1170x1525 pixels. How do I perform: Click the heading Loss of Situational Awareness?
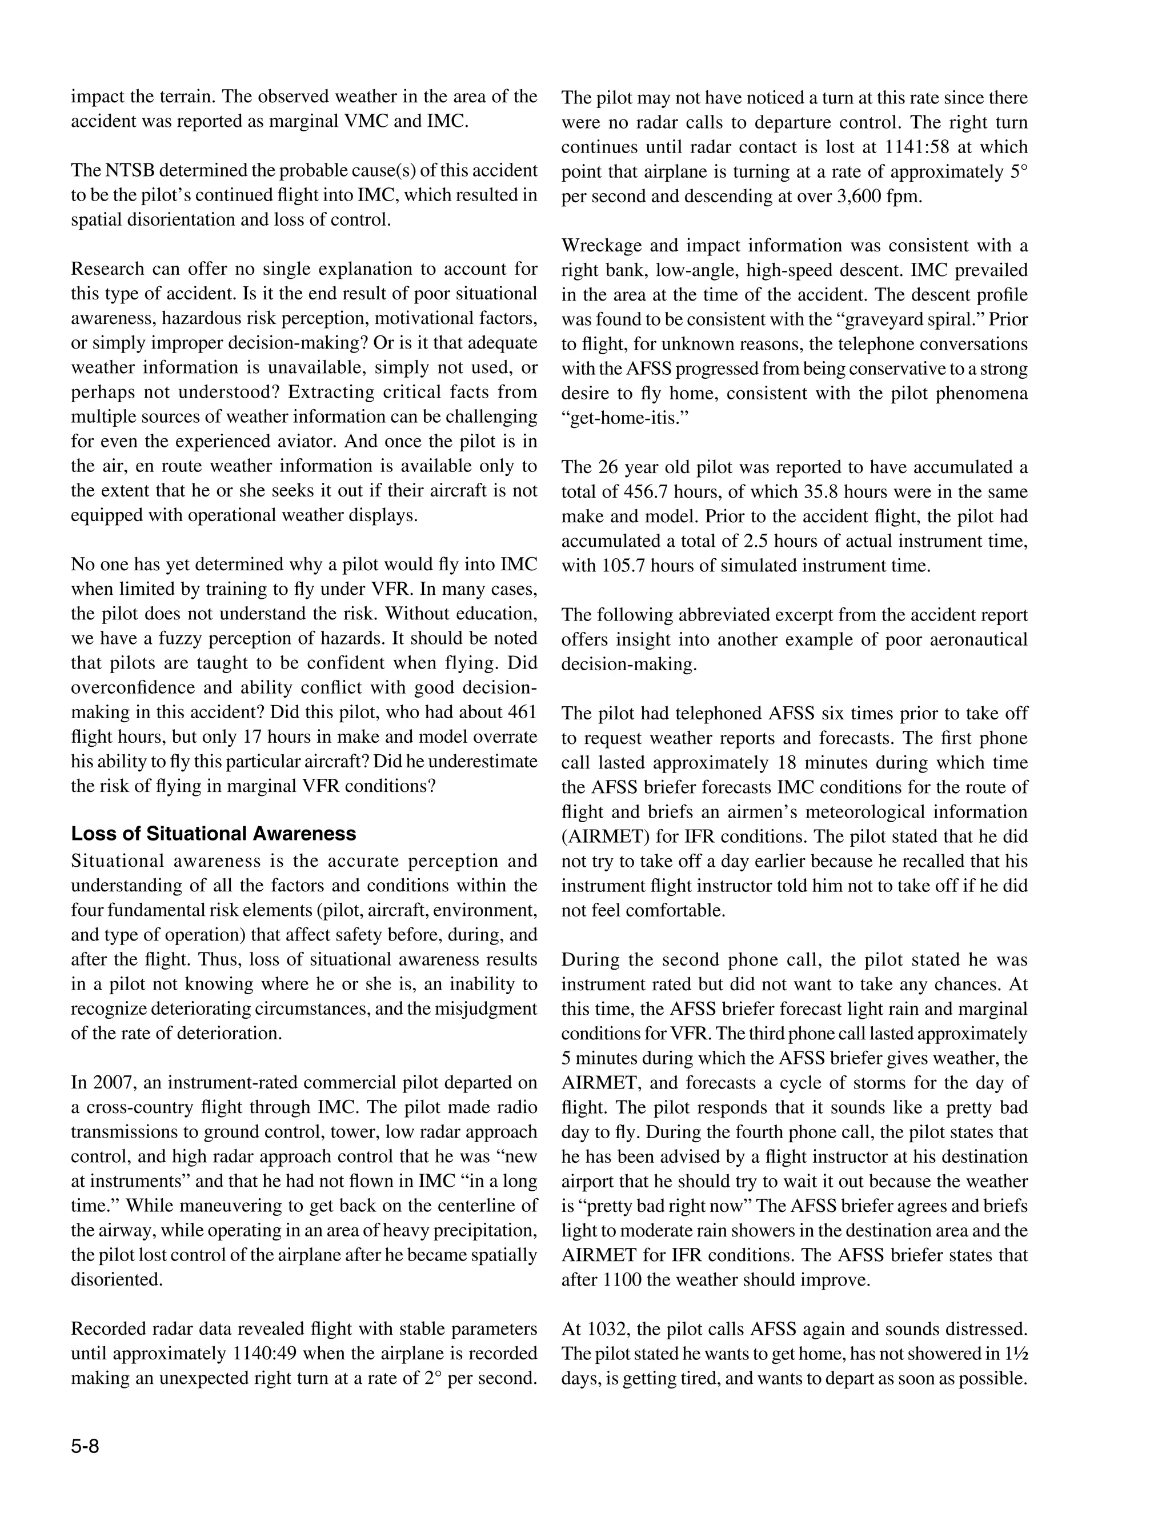pos(213,834)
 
